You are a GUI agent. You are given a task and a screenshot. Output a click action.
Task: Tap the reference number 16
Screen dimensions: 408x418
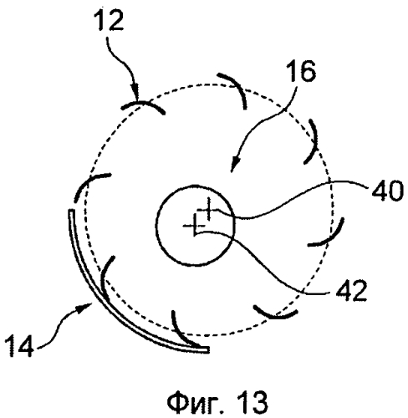pyautogui.click(x=302, y=71)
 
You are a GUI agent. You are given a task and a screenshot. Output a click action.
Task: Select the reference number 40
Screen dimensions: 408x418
pyautogui.click(x=387, y=191)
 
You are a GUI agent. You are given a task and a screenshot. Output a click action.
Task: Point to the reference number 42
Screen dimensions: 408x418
pyautogui.click(x=351, y=291)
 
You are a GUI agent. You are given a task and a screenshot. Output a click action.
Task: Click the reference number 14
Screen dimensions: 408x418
pyautogui.click(x=20, y=346)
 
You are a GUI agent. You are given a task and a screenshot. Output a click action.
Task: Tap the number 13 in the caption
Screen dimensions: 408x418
pyautogui.click(x=252, y=401)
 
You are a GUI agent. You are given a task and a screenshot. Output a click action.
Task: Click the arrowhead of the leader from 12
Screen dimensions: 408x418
pyautogui.click(x=136, y=94)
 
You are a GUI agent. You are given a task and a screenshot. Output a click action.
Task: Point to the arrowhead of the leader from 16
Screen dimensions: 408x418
pyautogui.click(x=235, y=166)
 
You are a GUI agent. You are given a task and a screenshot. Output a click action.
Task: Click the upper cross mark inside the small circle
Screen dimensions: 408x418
pyautogui.click(x=208, y=209)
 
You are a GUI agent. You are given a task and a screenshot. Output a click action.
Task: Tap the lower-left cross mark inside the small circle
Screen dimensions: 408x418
pyautogui.click(x=194, y=225)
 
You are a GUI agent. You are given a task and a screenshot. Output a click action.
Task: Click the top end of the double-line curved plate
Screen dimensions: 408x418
pyautogui.click(x=72, y=211)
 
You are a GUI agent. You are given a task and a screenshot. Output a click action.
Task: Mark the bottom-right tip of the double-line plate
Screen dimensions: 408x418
pyautogui.click(x=207, y=349)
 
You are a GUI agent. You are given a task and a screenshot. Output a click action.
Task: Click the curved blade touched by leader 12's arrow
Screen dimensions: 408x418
pyautogui.click(x=142, y=104)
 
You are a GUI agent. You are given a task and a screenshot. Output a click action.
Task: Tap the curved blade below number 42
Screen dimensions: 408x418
pyautogui.click(x=276, y=315)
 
